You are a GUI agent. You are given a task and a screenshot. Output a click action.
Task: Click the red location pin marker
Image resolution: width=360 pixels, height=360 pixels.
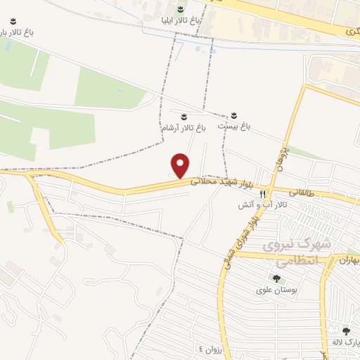[x=181, y=165]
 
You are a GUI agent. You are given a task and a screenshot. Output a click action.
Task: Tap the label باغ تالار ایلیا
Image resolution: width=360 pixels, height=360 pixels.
[x=181, y=21]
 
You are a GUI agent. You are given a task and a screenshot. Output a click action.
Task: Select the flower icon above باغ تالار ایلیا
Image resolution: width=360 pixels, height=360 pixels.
[x=181, y=9]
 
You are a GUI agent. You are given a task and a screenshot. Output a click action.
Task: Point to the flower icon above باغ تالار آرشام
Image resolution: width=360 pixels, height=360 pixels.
[x=184, y=115]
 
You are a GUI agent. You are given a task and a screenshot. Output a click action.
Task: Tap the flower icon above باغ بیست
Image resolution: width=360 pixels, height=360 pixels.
[x=234, y=115]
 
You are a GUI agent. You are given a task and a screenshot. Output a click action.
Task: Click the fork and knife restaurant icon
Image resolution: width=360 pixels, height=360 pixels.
[x=263, y=193]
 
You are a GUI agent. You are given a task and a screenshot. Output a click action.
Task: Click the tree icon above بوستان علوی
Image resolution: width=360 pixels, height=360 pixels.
[x=266, y=278]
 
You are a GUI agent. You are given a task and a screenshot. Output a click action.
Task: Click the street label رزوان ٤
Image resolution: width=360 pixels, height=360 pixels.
[x=210, y=349]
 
